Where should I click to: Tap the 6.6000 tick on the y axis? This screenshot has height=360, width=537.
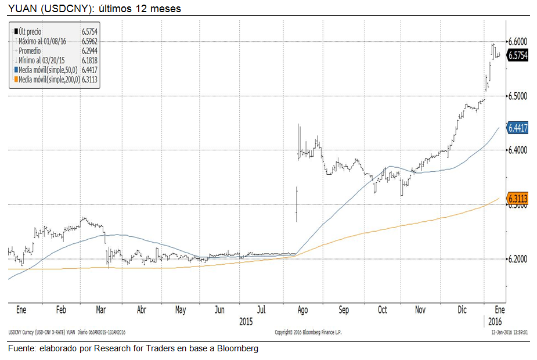click(518, 42)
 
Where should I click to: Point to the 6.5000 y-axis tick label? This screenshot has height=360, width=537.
click(518, 96)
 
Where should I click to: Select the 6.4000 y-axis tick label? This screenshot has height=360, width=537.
click(518, 150)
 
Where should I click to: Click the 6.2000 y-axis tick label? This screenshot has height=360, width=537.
click(518, 258)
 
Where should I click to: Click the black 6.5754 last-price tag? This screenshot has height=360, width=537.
click(518, 56)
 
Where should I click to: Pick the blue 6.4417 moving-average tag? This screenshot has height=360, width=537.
click(518, 128)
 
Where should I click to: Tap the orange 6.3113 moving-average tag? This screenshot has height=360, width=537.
click(518, 199)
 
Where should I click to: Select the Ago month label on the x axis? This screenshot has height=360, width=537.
click(302, 310)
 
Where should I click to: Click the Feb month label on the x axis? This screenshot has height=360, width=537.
click(62, 310)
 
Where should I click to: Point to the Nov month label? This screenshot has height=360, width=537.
click(420, 310)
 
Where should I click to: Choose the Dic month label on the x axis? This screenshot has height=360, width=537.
click(462, 310)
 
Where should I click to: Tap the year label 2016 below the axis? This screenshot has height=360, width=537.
click(495, 321)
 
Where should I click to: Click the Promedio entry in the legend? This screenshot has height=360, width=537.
click(30, 51)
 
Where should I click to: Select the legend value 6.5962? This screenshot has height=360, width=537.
click(90, 41)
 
